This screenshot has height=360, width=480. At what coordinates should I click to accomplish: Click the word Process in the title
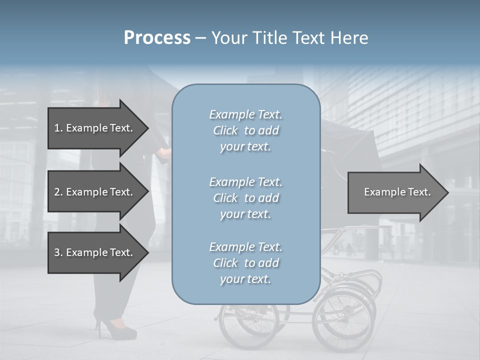pyautogui.click(x=157, y=38)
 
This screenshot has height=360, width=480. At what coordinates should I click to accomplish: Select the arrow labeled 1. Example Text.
pyautogui.click(x=95, y=128)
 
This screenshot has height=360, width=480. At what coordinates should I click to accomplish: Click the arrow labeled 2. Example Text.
pyautogui.click(x=95, y=192)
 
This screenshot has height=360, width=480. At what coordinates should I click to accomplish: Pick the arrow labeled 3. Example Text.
pyautogui.click(x=95, y=252)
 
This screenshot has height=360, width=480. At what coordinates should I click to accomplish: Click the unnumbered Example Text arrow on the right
pyautogui.click(x=395, y=192)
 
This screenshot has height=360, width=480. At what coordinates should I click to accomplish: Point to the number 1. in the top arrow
pyautogui.click(x=58, y=128)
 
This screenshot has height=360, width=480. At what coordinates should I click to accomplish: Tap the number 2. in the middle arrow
pyautogui.click(x=58, y=192)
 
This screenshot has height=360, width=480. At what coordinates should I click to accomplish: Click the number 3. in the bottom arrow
pyautogui.click(x=58, y=252)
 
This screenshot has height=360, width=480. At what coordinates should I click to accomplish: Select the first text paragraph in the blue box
pyautogui.click(x=245, y=130)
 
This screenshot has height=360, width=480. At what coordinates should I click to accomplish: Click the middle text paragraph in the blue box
pyautogui.click(x=245, y=198)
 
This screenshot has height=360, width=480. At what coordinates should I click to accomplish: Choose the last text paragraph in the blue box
pyautogui.click(x=245, y=263)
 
